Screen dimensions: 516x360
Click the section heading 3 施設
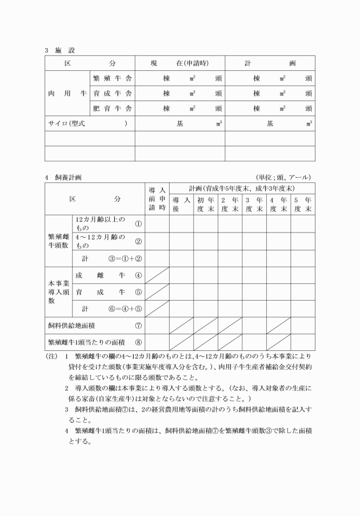point(59,50)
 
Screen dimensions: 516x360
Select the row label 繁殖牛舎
point(112,78)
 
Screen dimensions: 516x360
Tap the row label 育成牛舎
point(112,93)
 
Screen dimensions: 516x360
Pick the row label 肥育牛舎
point(112,108)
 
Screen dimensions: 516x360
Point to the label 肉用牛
point(67,93)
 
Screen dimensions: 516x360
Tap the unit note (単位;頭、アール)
point(283,178)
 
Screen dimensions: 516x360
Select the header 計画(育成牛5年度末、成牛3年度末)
point(242,188)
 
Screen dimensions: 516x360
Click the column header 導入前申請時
point(157,199)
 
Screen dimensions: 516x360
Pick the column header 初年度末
point(205,205)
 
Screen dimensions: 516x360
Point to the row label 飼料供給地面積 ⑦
point(94,326)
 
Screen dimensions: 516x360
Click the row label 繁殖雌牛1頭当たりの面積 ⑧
point(94,342)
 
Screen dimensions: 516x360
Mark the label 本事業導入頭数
point(58,291)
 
